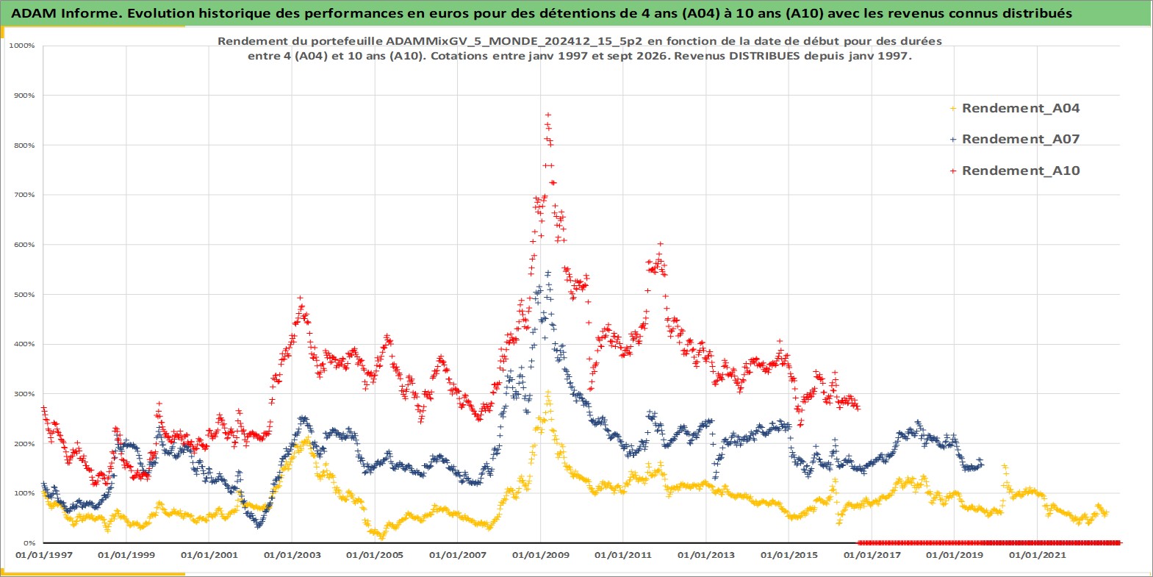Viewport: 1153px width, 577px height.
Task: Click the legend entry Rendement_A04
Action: click(x=1014, y=108)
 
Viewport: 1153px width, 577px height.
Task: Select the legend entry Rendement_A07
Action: click(x=1014, y=139)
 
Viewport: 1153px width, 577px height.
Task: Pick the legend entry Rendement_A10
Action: click(x=1014, y=171)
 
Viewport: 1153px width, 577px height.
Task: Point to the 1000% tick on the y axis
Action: click(x=22, y=46)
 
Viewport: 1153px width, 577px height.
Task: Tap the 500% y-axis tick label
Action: click(x=24, y=295)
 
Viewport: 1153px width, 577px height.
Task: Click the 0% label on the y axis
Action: click(x=29, y=543)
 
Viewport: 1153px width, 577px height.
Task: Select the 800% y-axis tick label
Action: click(x=24, y=145)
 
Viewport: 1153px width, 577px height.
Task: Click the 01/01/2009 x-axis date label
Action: click(x=540, y=555)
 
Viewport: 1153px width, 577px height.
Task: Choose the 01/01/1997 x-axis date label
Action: click(x=44, y=555)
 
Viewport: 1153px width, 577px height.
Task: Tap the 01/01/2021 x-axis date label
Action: click(x=1037, y=555)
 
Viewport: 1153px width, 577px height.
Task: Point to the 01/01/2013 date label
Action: click(x=705, y=555)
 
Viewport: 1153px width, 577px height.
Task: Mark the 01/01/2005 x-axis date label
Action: click(x=375, y=555)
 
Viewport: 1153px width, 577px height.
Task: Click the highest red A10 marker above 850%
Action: click(x=548, y=115)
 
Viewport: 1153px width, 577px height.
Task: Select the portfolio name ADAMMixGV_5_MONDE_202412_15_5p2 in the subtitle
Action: click(x=517, y=41)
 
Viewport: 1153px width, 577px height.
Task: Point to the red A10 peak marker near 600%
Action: click(x=661, y=244)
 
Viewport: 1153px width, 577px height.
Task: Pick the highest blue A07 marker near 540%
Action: click(x=548, y=273)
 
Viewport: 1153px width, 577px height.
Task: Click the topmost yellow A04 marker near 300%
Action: click(x=548, y=393)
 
